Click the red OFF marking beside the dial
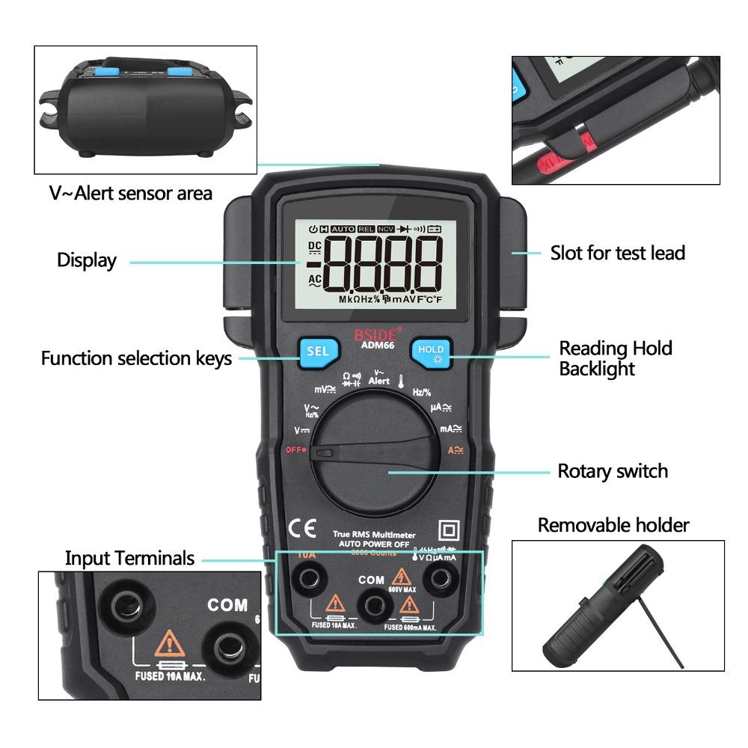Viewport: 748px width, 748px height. (x=294, y=450)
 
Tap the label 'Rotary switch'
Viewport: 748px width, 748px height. (x=612, y=471)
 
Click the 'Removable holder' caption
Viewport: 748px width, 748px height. (x=613, y=525)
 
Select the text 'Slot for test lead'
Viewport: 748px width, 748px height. (x=617, y=253)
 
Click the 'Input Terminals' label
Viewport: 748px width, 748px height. (x=129, y=558)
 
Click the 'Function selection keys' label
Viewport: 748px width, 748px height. (x=136, y=358)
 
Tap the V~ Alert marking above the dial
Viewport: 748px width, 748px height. (x=378, y=377)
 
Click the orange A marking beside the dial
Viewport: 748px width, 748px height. (x=455, y=450)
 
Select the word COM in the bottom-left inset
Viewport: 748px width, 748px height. (x=227, y=604)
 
